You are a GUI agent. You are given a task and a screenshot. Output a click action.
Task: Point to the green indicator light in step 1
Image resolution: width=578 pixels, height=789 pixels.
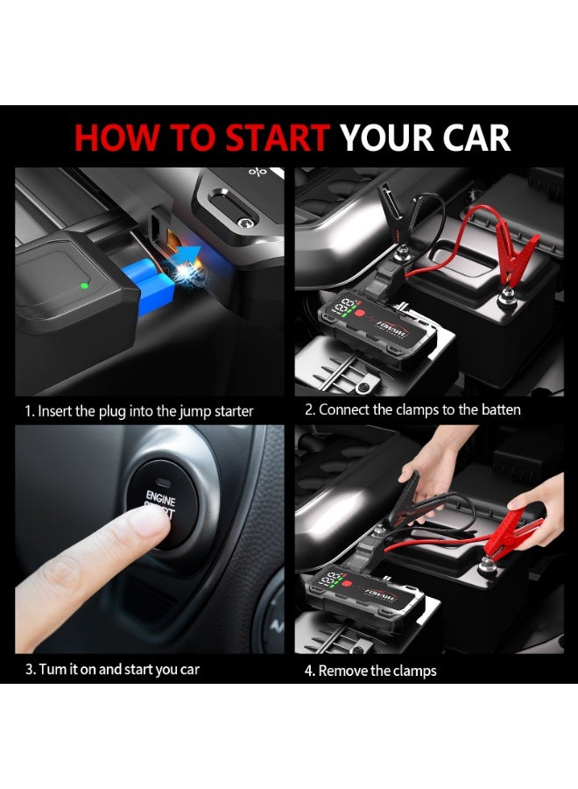tap(83, 285)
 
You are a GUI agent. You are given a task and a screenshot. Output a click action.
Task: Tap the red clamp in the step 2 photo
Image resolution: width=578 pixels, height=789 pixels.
tap(517, 250)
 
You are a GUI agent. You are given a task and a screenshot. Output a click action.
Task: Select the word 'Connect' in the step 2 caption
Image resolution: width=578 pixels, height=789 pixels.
tap(342, 410)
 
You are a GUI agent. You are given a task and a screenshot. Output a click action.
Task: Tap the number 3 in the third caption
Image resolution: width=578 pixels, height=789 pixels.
tap(30, 670)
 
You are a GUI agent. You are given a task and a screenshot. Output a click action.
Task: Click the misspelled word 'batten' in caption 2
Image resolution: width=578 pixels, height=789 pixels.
tap(500, 410)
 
